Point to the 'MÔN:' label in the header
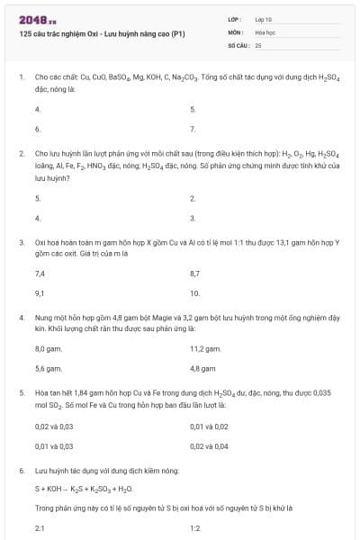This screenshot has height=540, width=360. coord(234,31)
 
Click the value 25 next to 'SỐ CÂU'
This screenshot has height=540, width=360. coord(258,44)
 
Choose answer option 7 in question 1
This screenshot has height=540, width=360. coord(193,130)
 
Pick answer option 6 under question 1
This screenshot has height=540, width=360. coord(37,130)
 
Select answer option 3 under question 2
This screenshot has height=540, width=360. coord(193,219)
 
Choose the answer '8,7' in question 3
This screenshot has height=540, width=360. coord(195,273)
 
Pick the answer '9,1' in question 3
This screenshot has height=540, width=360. coord(40,293)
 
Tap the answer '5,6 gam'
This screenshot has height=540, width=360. coord(48,368)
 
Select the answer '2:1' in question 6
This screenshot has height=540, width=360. coord(40,528)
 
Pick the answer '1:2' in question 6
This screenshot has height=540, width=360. coord(195,528)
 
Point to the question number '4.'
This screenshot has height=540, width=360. coord(21,318)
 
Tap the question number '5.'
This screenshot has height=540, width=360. coord(21,393)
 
